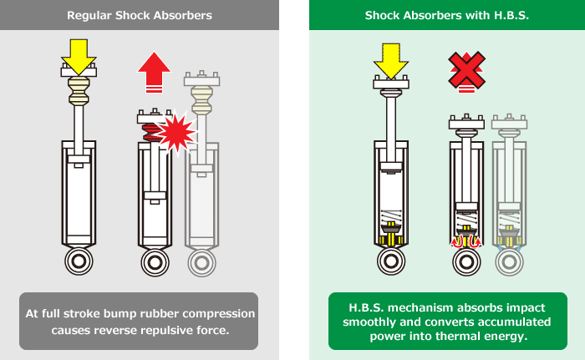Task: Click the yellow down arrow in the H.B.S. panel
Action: click(x=390, y=57)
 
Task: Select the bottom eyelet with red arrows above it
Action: click(x=467, y=260)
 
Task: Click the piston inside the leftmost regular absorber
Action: click(x=79, y=160)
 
